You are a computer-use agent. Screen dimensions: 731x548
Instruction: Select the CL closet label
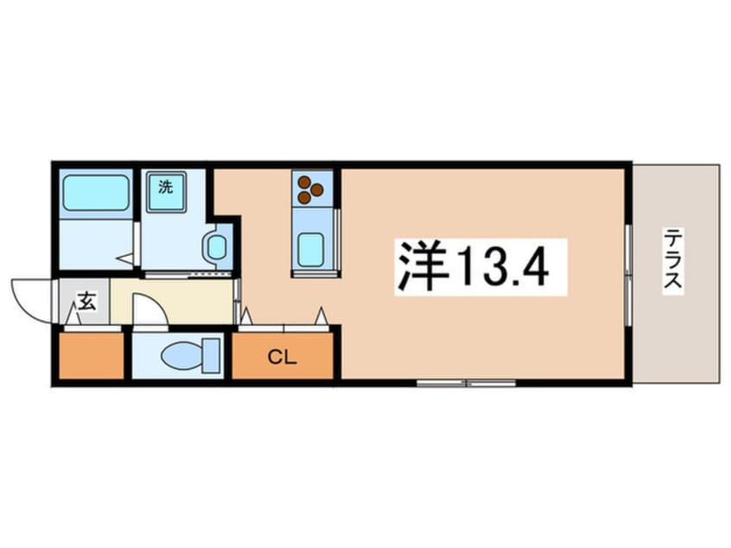click(282, 358)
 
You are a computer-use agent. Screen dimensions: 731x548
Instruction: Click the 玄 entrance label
click(86, 301)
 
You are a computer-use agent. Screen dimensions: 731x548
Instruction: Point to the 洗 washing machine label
click(166, 187)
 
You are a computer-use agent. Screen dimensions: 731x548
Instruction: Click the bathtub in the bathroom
click(96, 193)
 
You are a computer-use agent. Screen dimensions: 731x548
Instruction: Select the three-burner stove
click(311, 189)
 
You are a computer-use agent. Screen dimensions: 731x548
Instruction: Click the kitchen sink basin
click(311, 250)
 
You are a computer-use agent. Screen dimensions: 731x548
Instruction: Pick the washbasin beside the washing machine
click(216, 246)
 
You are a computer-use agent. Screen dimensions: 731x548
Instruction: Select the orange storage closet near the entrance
click(92, 355)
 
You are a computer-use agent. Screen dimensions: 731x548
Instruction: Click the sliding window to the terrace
click(628, 276)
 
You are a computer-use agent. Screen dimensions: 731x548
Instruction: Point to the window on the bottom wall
click(467, 383)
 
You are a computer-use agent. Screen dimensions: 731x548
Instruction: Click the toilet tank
click(211, 356)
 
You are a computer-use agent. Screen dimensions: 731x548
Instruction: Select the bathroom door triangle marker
click(125, 258)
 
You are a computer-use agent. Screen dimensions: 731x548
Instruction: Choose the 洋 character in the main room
click(422, 266)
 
